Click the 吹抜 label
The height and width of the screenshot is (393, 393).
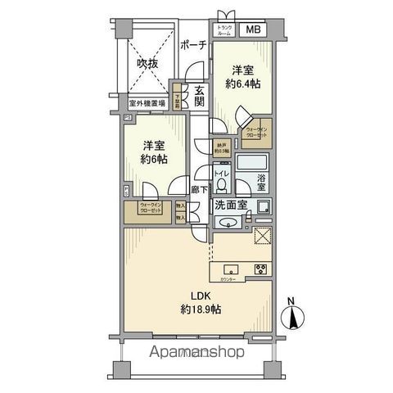(147, 63)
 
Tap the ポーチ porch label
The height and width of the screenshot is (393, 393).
(192, 45)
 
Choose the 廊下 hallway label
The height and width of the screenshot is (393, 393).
(199, 190)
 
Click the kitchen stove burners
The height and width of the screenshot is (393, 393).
(262, 270)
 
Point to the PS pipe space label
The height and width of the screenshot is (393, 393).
(129, 119)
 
